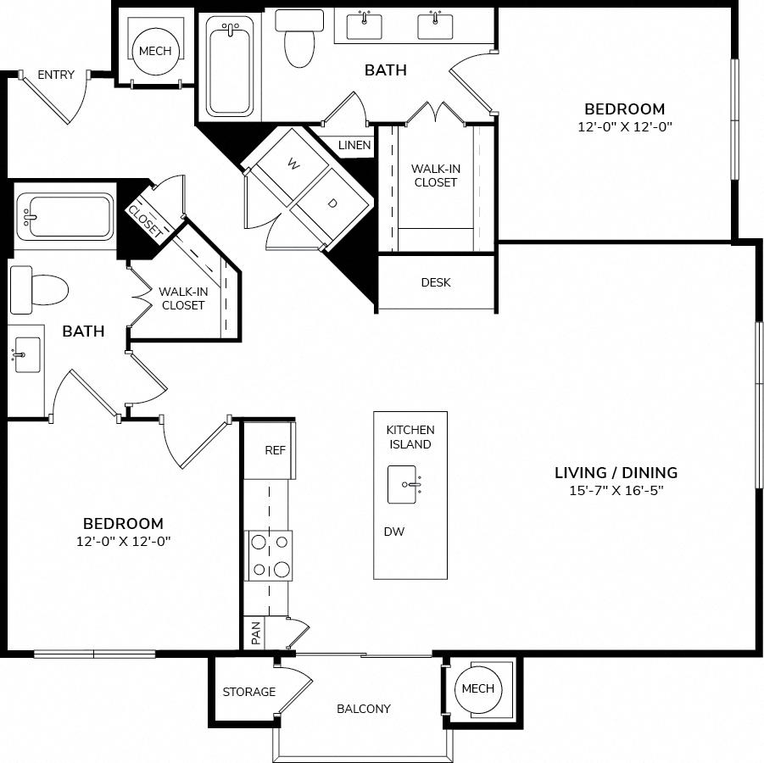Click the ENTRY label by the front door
click(56, 75)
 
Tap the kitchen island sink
click(402, 484)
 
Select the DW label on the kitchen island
click(393, 532)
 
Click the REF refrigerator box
click(270, 450)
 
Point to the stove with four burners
click(270, 555)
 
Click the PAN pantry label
click(256, 633)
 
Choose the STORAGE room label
click(249, 692)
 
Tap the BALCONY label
click(364, 709)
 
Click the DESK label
click(436, 282)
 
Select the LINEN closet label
click(354, 145)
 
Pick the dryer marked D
click(332, 204)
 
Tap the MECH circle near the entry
click(155, 51)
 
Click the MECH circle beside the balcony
click(478, 688)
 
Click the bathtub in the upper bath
click(230, 67)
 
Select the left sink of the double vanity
click(364, 25)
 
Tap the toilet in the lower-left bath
click(39, 290)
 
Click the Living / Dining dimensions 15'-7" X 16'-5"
click(616, 490)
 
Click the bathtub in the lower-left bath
click(64, 216)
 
